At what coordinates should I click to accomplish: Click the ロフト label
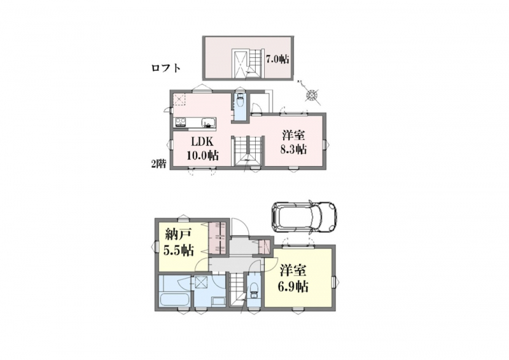pos(166,68)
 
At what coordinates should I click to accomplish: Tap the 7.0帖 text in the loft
pos(277,59)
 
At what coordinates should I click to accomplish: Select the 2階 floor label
pos(158,164)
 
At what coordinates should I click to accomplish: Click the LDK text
pos(202,142)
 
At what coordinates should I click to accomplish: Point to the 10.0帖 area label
pos(202,155)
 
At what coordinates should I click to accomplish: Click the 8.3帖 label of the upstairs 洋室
pos(293,149)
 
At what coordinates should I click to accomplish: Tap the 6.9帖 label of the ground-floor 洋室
pos(293,286)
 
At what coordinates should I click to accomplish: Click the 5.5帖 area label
pos(178,250)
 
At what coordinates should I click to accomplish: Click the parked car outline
pos(303,216)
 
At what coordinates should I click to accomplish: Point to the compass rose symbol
pos(312,95)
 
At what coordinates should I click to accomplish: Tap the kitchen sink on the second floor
pos(207,123)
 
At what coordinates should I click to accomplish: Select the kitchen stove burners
pos(181,122)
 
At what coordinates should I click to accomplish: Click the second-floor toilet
pos(241,100)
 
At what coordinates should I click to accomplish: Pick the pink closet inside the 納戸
pos(216,238)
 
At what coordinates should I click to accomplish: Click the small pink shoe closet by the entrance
pos(264,246)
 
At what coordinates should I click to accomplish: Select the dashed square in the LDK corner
pos(179,99)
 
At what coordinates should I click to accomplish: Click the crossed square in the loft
pos(241,62)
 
